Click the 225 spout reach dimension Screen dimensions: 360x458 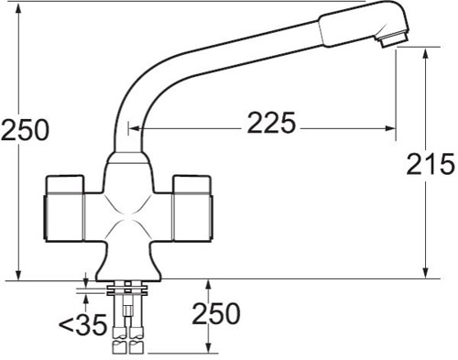tap(272, 124)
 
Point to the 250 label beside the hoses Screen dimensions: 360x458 tap(215, 314)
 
